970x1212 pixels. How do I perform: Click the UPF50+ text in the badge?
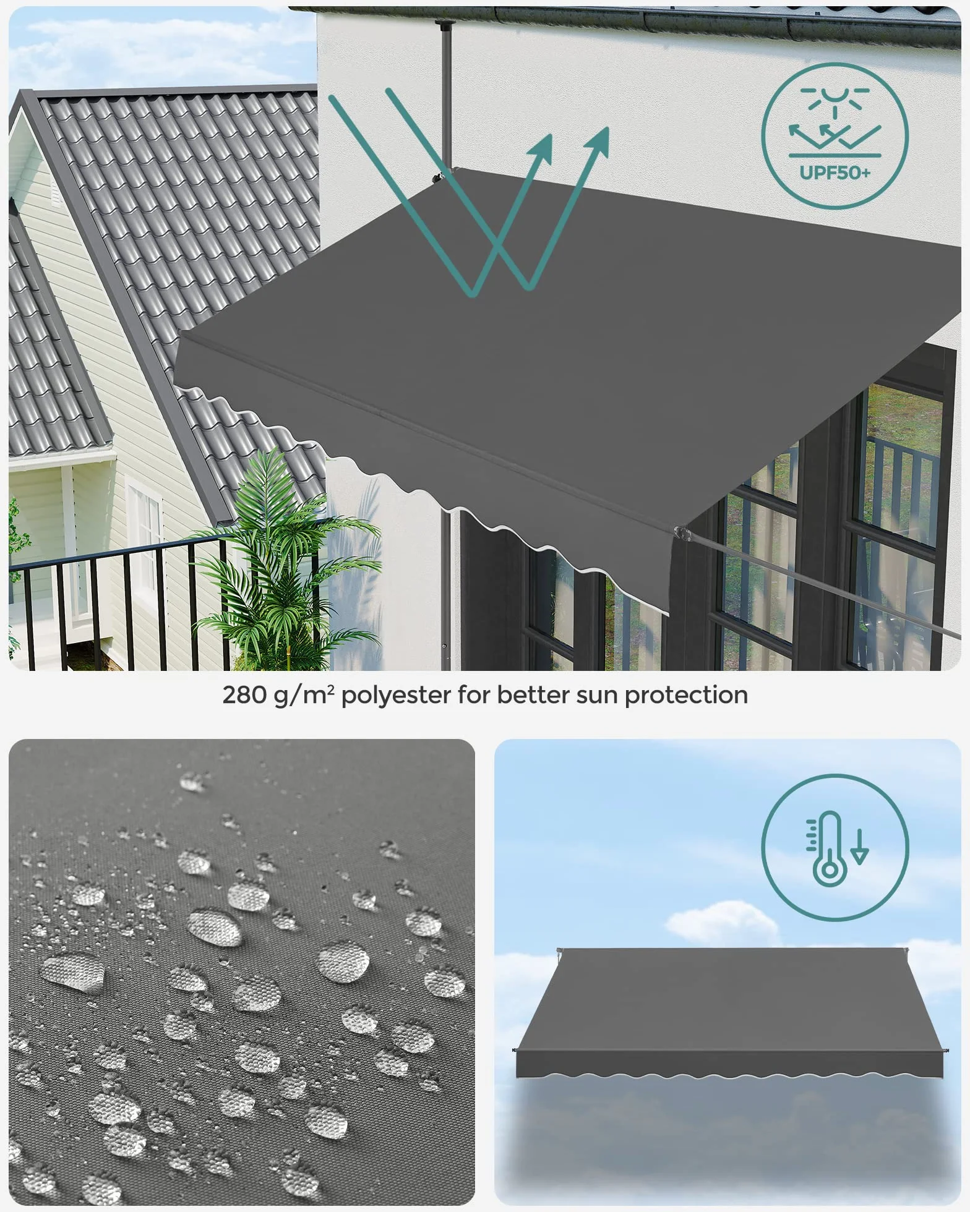pos(835,172)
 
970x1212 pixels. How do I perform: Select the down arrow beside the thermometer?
pos(859,847)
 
